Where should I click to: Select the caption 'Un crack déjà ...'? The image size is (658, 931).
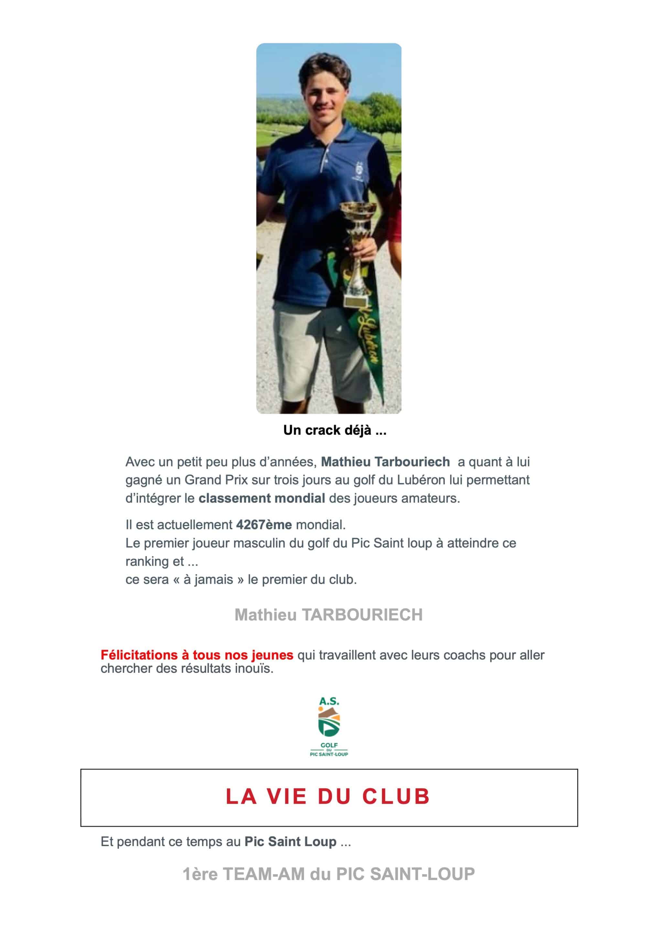(x=335, y=430)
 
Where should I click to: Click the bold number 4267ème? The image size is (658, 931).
(x=264, y=525)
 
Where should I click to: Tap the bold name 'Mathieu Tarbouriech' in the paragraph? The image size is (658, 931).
(x=385, y=462)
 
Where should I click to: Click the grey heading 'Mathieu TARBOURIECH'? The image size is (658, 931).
(x=329, y=615)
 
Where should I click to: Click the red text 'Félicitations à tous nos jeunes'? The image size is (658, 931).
(x=197, y=655)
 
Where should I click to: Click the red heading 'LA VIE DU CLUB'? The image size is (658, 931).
(x=328, y=797)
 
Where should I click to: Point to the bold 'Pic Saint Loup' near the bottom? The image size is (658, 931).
(x=290, y=842)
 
